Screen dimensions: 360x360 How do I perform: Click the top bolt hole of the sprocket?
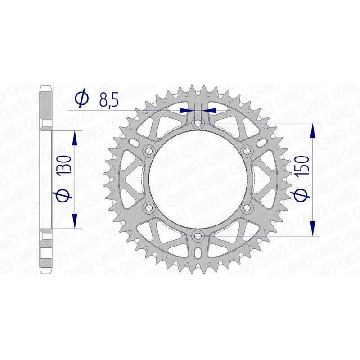[x=198, y=122]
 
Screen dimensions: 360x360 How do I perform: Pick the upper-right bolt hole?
[x=247, y=151]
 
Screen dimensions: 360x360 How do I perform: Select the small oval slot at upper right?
[x=261, y=143]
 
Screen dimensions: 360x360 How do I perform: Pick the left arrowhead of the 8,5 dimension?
[x=185, y=110]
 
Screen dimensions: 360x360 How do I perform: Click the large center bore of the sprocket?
[x=198, y=179]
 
